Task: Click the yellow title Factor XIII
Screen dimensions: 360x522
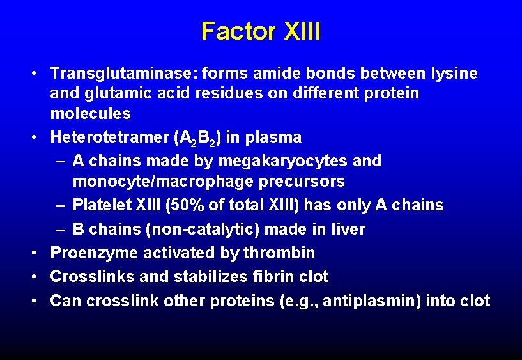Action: coord(261,31)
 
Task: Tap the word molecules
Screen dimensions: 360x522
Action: coord(90,114)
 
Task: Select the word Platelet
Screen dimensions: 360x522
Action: coord(100,205)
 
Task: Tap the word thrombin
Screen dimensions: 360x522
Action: coord(279,253)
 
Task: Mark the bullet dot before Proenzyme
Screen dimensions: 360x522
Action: coord(36,253)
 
